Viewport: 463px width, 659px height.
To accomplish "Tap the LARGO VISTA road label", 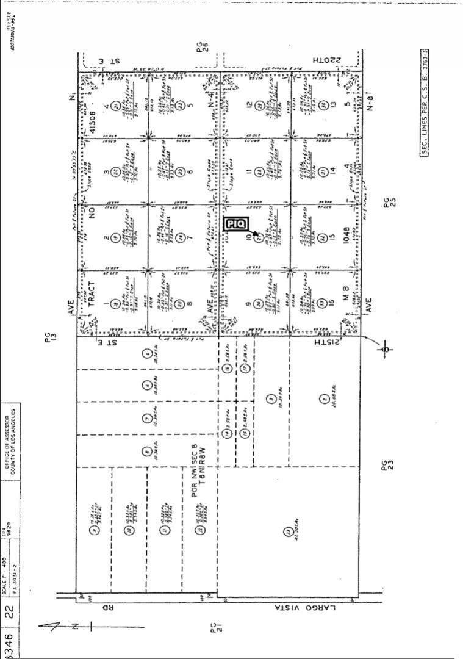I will click(303, 608).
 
